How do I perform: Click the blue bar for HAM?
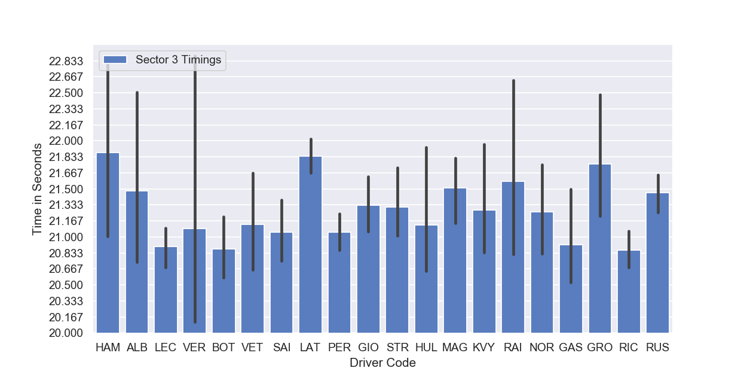point(108,243)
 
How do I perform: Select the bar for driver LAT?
point(311,245)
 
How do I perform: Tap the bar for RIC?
point(629,291)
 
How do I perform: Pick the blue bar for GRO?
point(600,248)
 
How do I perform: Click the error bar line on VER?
point(195,189)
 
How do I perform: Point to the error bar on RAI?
point(513,168)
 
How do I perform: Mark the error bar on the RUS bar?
point(659,194)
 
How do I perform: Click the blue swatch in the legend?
point(115,60)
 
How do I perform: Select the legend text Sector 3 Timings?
point(179,60)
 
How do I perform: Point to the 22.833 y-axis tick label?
point(66,61)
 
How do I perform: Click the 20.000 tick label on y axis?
point(66,333)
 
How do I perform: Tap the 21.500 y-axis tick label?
point(66,189)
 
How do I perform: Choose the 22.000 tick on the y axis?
point(66,141)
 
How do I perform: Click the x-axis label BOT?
point(224,348)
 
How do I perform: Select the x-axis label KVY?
point(484,348)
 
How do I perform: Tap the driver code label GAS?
point(571,348)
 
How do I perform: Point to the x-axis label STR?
point(397,348)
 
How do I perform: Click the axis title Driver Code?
point(382,363)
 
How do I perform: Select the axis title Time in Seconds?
point(37,189)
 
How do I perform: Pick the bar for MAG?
point(455,260)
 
